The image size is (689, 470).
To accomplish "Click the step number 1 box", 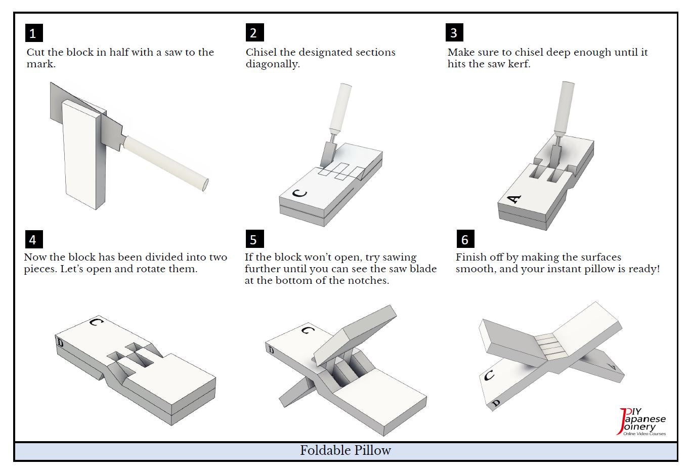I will tap(34, 33).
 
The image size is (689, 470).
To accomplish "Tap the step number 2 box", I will tap(254, 33).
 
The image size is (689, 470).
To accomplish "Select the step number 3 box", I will tap(454, 33).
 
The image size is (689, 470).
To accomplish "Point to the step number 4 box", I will tap(33, 239).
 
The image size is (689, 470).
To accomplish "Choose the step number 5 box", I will tap(254, 239).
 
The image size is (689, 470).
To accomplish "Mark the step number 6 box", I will tap(465, 239).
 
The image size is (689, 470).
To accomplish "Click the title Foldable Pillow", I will tap(346, 450).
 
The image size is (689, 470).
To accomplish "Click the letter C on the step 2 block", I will tap(299, 193).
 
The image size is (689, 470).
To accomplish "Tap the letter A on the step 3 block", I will tap(514, 199).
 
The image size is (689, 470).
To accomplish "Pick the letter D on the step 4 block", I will tap(60, 343).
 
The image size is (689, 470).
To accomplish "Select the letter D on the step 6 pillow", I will tap(496, 403).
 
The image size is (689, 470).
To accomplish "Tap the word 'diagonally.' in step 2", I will tap(273, 64).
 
